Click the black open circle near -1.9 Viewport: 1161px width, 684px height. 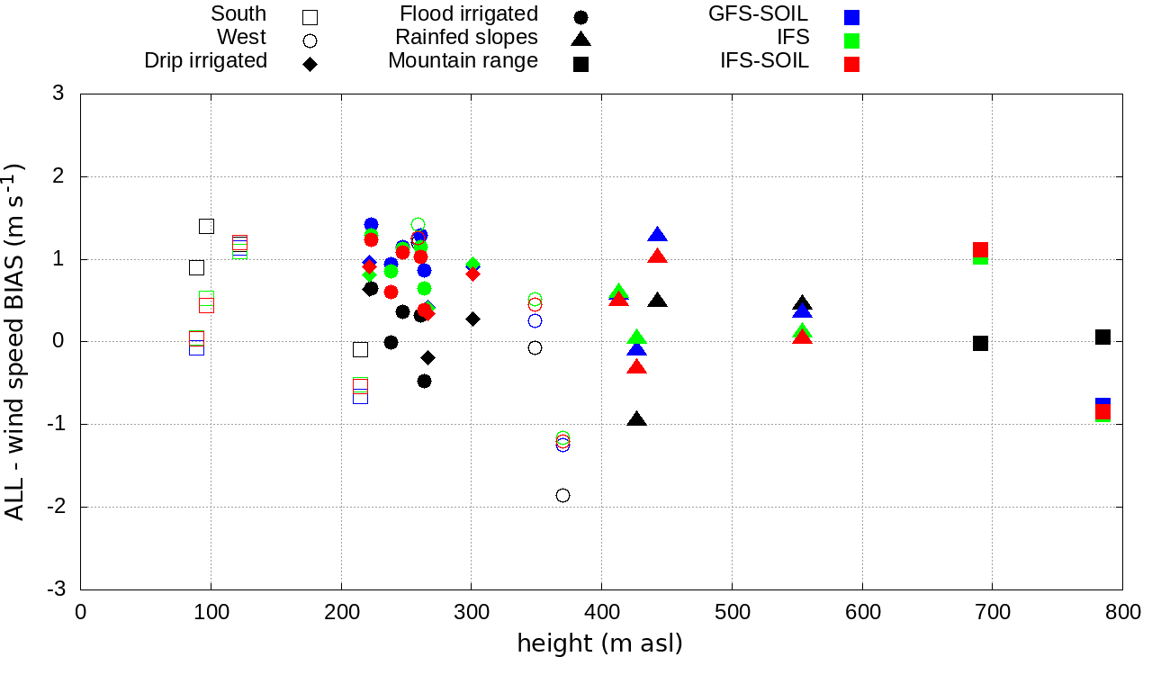(562, 495)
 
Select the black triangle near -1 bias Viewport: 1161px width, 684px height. (637, 419)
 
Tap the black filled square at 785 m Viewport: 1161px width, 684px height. (1102, 337)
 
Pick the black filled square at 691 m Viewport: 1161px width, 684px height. (980, 343)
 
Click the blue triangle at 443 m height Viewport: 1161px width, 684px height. (657, 235)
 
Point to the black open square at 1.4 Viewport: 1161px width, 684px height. (206, 226)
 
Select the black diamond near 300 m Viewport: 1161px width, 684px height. (472, 319)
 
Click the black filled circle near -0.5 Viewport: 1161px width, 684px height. (424, 381)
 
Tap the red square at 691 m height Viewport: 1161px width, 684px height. (980, 249)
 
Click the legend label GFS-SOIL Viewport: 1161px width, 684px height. (758, 13)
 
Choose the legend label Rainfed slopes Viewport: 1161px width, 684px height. (466, 37)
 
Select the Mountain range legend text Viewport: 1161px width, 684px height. (463, 60)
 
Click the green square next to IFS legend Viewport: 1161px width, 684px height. (851, 40)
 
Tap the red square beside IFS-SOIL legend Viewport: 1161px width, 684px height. (851, 64)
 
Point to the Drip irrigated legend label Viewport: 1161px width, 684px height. (205, 60)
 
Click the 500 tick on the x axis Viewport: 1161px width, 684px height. (732, 613)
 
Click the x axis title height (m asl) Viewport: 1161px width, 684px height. (599, 643)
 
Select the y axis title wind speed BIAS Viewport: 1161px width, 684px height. (16, 342)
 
